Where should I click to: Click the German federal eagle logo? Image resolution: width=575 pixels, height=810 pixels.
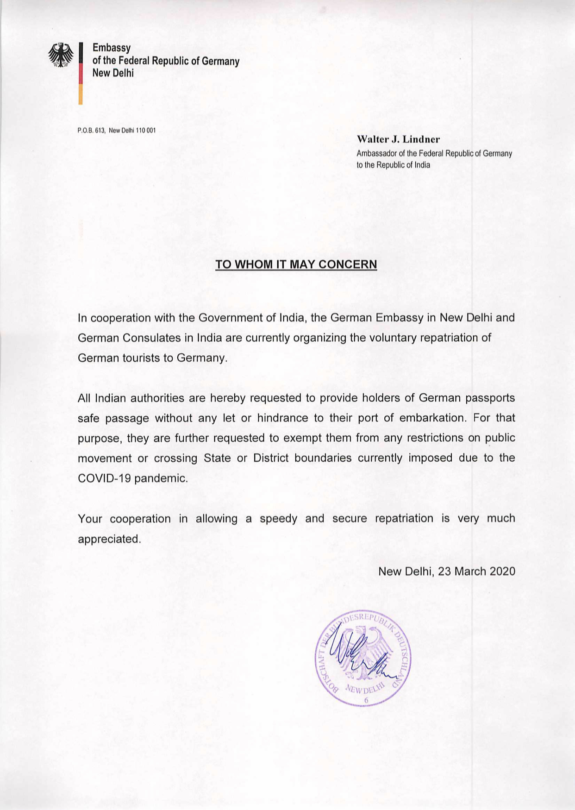point(61,55)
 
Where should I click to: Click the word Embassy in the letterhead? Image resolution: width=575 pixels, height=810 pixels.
point(112,48)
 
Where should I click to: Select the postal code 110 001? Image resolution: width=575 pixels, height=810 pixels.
point(146,131)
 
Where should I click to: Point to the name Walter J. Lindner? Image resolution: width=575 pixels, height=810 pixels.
point(398,139)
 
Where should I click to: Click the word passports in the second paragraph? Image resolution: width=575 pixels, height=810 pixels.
point(490,398)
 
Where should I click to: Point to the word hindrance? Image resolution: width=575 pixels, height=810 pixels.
point(283,418)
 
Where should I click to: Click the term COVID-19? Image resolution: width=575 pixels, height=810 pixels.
point(104,478)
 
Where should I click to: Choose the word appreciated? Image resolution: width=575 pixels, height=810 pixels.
point(108,539)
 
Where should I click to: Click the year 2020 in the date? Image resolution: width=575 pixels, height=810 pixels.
point(502,571)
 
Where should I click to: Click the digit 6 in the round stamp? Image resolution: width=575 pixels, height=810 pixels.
point(366,700)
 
